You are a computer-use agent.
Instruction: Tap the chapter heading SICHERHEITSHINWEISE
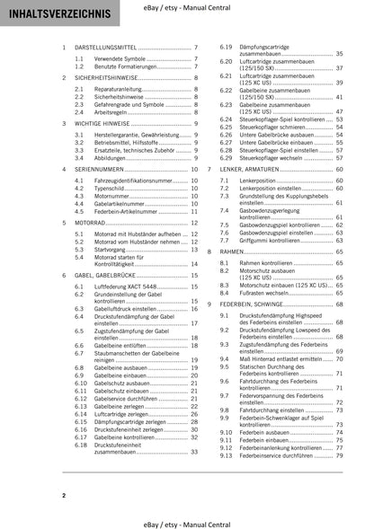105,79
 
